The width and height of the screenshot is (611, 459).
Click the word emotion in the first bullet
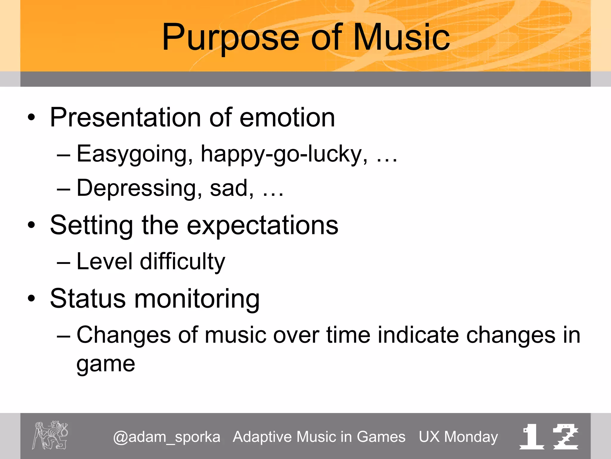click(287, 117)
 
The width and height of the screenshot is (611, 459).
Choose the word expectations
click(263, 226)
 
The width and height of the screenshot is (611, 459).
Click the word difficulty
click(182, 262)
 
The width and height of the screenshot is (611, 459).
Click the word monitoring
click(197, 299)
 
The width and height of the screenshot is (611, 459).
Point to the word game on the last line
click(106, 365)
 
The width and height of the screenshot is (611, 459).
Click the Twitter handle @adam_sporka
click(166, 437)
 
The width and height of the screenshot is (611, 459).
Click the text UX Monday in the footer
click(458, 437)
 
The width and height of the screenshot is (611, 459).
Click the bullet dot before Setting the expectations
click(31, 225)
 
